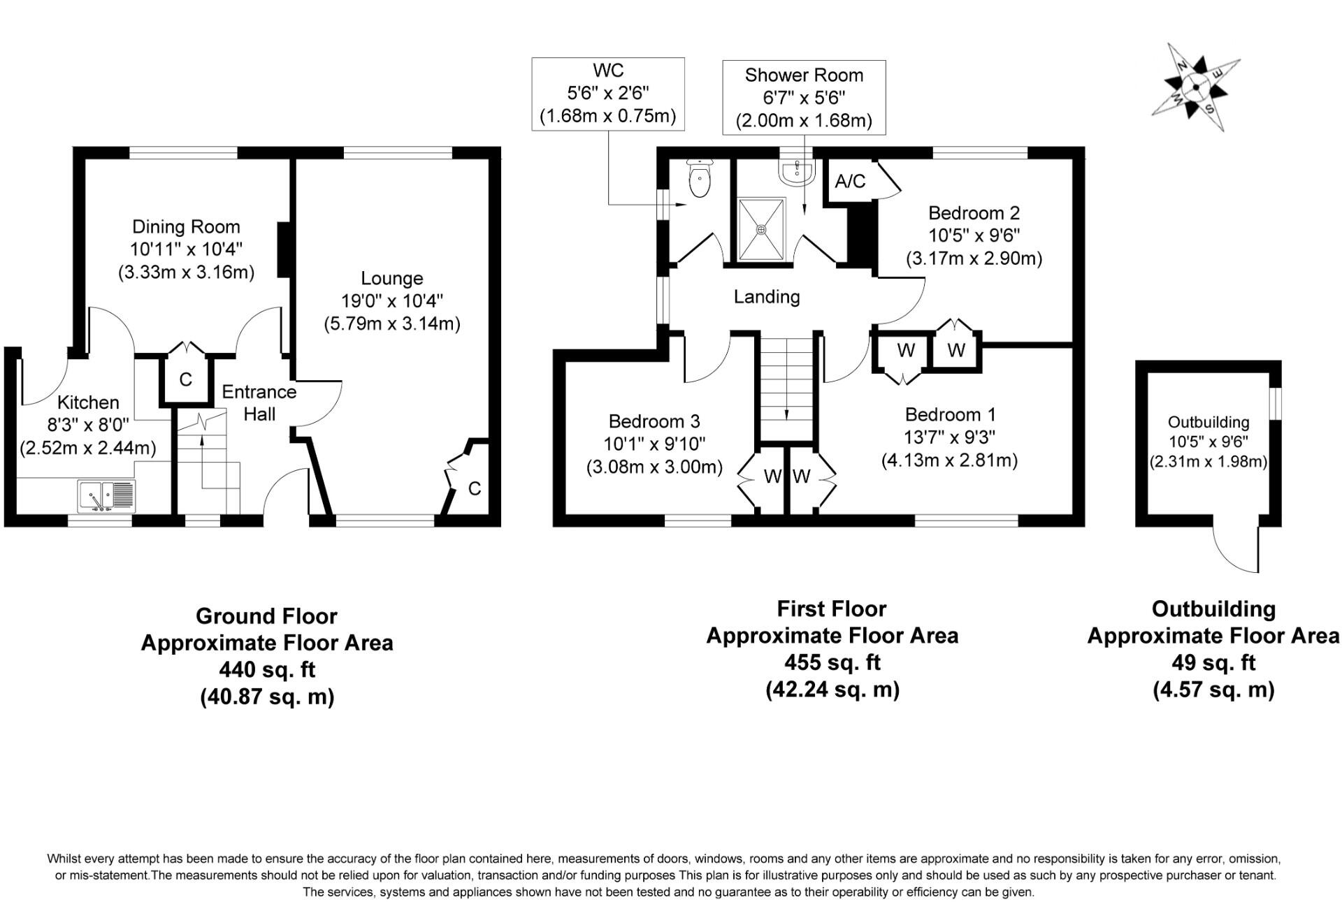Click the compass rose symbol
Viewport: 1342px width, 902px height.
[x=1195, y=87]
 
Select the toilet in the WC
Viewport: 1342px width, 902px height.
[x=699, y=179]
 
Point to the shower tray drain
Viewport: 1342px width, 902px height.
[x=761, y=228]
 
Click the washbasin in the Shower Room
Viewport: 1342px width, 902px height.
[x=797, y=172]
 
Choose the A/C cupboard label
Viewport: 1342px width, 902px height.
[x=850, y=182]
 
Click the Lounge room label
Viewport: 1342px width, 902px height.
[x=391, y=278]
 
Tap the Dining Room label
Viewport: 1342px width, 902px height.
[x=186, y=227]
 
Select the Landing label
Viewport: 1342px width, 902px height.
[x=767, y=297]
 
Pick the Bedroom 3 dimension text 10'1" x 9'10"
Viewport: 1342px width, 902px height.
[x=655, y=444]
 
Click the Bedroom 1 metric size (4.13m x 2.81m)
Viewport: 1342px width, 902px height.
[x=949, y=460]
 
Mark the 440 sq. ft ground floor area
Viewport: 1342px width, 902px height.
[x=267, y=670]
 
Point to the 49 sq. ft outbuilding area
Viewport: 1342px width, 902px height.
[x=1213, y=662]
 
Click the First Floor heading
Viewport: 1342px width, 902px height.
[x=832, y=609]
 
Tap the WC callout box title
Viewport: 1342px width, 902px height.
[x=608, y=71]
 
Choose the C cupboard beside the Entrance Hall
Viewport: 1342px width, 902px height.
[x=185, y=379]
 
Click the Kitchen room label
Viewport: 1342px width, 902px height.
[x=88, y=402]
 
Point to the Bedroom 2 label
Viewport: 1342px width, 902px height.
[x=974, y=213]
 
